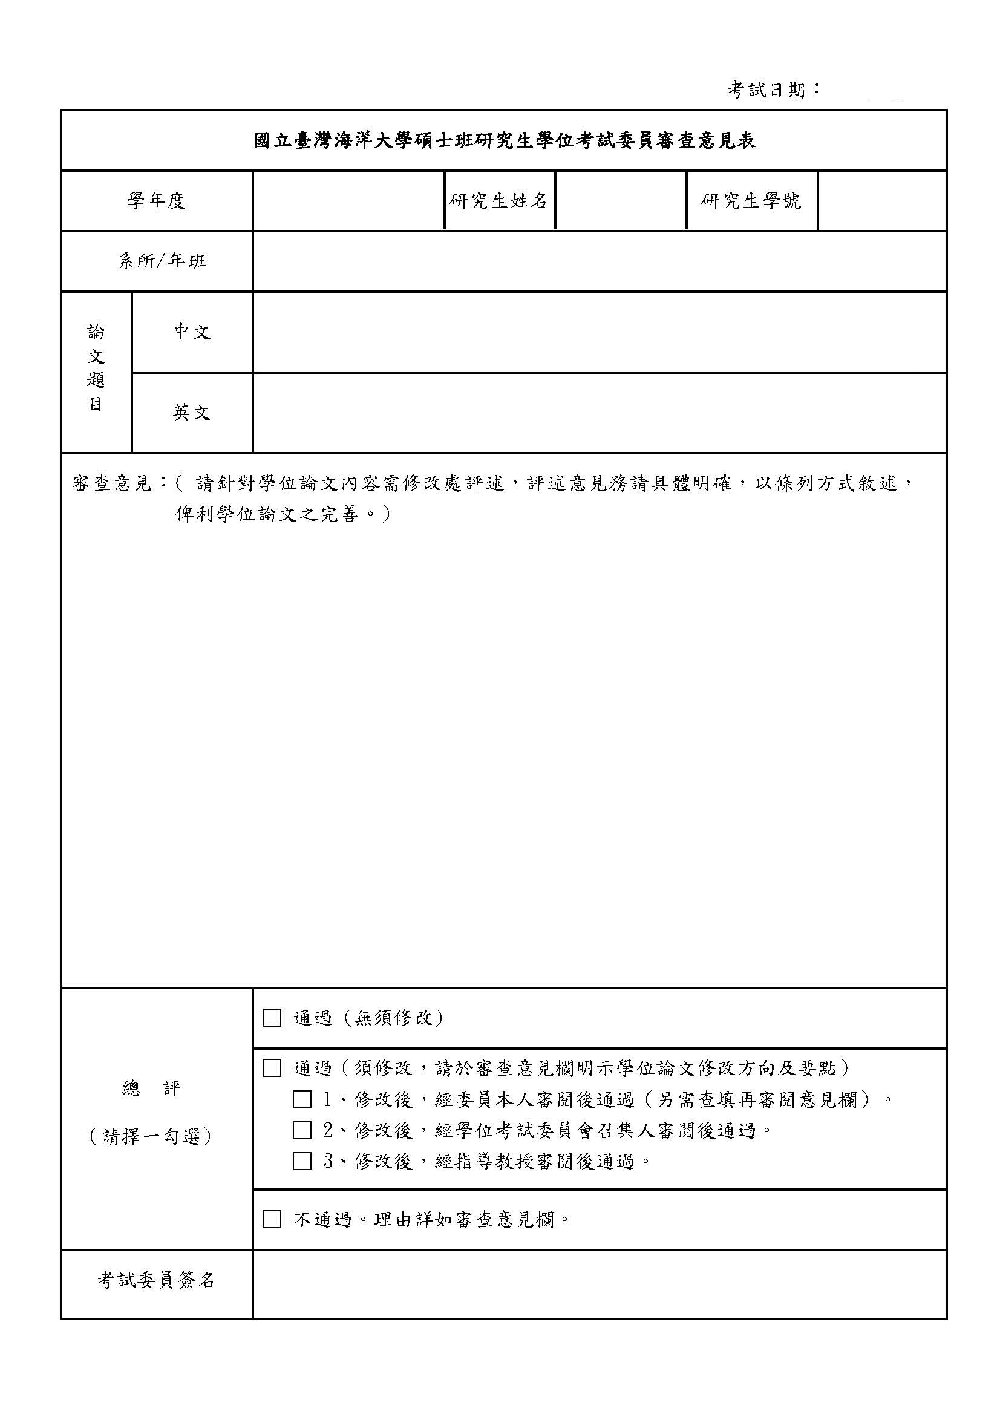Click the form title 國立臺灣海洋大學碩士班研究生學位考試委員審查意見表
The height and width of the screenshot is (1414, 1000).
tap(505, 141)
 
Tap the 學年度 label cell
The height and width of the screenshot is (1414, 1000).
tap(157, 201)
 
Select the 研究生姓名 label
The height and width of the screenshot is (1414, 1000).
tap(498, 201)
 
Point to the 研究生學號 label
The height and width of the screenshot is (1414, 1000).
tap(751, 201)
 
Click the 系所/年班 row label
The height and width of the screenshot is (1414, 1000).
tap(163, 261)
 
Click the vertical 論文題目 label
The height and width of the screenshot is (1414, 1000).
tap(96, 368)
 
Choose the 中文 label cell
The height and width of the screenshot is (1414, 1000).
tap(192, 332)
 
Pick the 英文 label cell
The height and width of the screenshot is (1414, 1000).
tap(192, 412)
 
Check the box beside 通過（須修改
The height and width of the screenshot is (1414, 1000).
tap(272, 1068)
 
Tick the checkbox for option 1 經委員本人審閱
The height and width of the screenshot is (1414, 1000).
tap(302, 1099)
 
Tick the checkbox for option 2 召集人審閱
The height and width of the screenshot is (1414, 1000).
tap(302, 1130)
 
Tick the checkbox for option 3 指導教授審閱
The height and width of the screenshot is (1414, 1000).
tap(302, 1161)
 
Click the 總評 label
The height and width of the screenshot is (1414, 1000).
tap(151, 1089)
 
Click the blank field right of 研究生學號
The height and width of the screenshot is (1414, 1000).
tap(882, 201)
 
